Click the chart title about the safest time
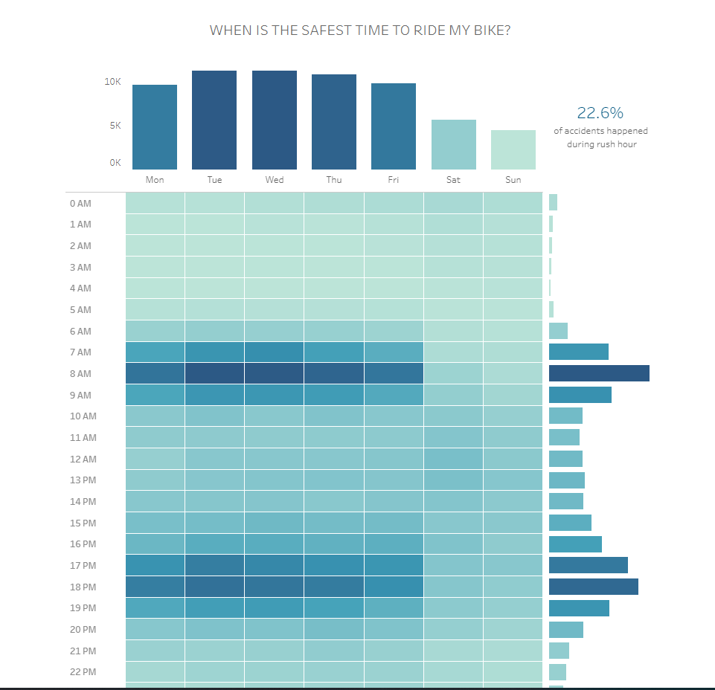click(x=360, y=30)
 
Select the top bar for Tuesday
click(x=214, y=120)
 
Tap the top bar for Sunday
click(x=513, y=149)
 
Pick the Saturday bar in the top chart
click(x=453, y=144)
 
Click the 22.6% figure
click(x=600, y=113)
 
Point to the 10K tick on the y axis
click(x=112, y=82)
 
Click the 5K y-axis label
click(x=115, y=126)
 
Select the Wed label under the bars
click(x=274, y=180)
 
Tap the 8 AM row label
click(x=80, y=374)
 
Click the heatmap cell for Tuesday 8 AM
click(x=214, y=373)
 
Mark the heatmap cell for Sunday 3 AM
click(x=513, y=267)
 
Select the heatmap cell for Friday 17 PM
click(x=394, y=565)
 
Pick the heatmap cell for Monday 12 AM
click(x=155, y=459)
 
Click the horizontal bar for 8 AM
click(x=599, y=373)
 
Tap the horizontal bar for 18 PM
click(x=594, y=587)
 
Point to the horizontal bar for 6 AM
click(x=558, y=331)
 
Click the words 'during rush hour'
click(x=601, y=144)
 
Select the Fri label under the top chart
click(x=394, y=180)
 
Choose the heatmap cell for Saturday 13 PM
click(x=453, y=480)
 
